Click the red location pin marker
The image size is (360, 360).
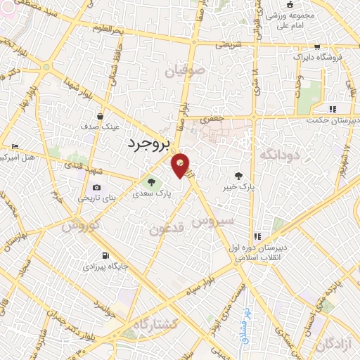tap(181, 165)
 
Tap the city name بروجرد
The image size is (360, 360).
tap(150, 144)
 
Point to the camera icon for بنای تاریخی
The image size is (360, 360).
tap(96, 188)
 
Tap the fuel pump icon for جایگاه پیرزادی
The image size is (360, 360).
tap(105, 256)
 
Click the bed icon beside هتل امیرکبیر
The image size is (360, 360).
tap(16, 146)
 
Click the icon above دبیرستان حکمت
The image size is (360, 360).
tap(332, 109)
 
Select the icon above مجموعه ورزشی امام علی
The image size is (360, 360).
tap(290, 5)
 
